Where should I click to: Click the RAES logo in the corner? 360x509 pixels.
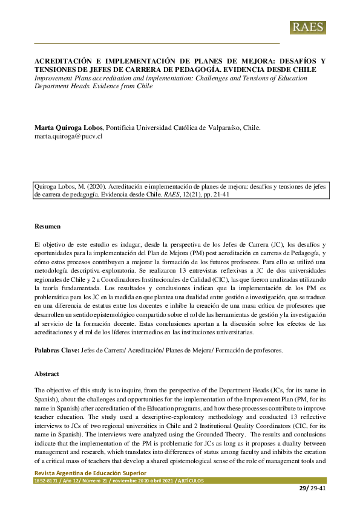308,27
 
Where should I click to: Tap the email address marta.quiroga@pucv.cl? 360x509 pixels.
68,137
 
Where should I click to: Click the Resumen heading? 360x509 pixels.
47,226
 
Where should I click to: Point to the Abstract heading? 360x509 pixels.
47,374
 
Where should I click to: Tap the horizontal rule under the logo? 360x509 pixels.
157,44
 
